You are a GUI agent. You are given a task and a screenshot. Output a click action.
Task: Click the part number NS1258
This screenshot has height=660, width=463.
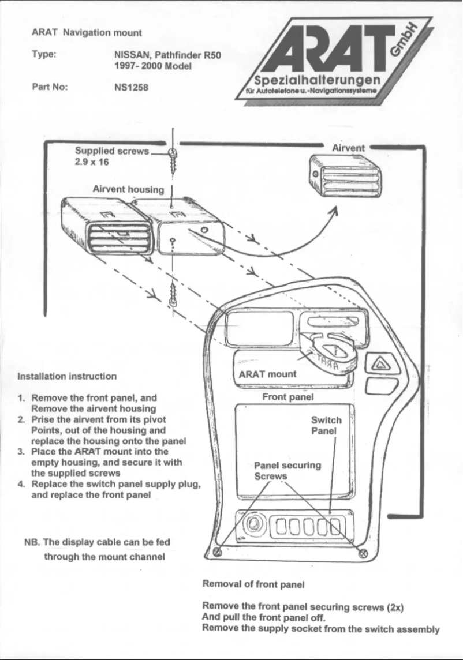132,88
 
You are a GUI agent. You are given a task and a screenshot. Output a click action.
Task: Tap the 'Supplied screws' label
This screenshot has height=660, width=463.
112,151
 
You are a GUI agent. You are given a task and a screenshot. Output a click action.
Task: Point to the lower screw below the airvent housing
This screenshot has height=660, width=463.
172,294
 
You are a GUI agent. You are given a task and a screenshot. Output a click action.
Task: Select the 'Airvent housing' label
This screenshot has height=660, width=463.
128,189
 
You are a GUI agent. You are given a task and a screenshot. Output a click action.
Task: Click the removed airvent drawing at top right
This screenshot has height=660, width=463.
344,175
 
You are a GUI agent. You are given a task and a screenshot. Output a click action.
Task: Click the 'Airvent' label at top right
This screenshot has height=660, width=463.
348,148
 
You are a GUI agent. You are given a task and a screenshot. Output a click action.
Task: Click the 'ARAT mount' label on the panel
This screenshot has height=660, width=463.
267,374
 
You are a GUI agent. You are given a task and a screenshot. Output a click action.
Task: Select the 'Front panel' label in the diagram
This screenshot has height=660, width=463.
287,397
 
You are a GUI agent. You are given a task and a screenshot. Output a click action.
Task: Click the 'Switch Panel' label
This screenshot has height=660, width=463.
326,426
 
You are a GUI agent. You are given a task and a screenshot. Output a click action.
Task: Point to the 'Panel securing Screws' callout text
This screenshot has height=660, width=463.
287,471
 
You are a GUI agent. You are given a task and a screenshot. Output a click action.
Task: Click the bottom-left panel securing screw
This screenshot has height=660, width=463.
218,553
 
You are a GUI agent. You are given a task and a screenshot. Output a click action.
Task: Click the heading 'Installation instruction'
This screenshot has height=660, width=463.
67,376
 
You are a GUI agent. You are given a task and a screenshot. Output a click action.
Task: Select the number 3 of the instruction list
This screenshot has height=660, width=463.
21,452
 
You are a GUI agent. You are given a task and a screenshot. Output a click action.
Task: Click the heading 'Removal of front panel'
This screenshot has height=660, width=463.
253,584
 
